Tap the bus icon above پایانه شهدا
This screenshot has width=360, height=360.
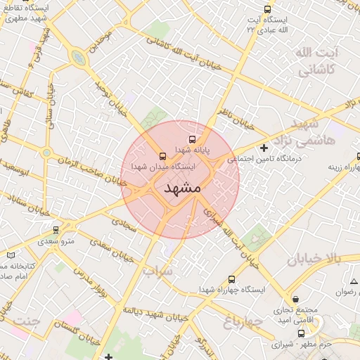tap(193, 141)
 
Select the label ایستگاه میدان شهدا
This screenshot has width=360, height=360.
tap(163, 167)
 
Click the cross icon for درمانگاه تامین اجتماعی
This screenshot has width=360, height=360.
tap(264, 148)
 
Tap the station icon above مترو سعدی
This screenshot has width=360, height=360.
tap(56, 230)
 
